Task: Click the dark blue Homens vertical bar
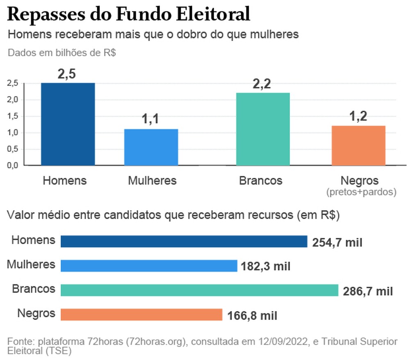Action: tap(68, 124)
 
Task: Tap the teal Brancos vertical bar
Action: tap(263, 129)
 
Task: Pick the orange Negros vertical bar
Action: tap(359, 145)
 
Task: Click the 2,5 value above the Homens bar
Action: tap(67, 75)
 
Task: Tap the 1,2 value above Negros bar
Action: tap(358, 117)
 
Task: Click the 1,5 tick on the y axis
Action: tap(13, 116)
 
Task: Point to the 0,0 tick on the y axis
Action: tap(13, 165)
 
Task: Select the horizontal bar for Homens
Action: tap(184, 241)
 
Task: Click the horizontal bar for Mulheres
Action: tap(149, 266)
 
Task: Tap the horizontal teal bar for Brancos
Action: tap(199, 290)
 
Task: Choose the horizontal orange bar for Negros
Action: tap(141, 315)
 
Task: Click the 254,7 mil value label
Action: tap(337, 242)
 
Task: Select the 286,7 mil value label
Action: tap(367, 291)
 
